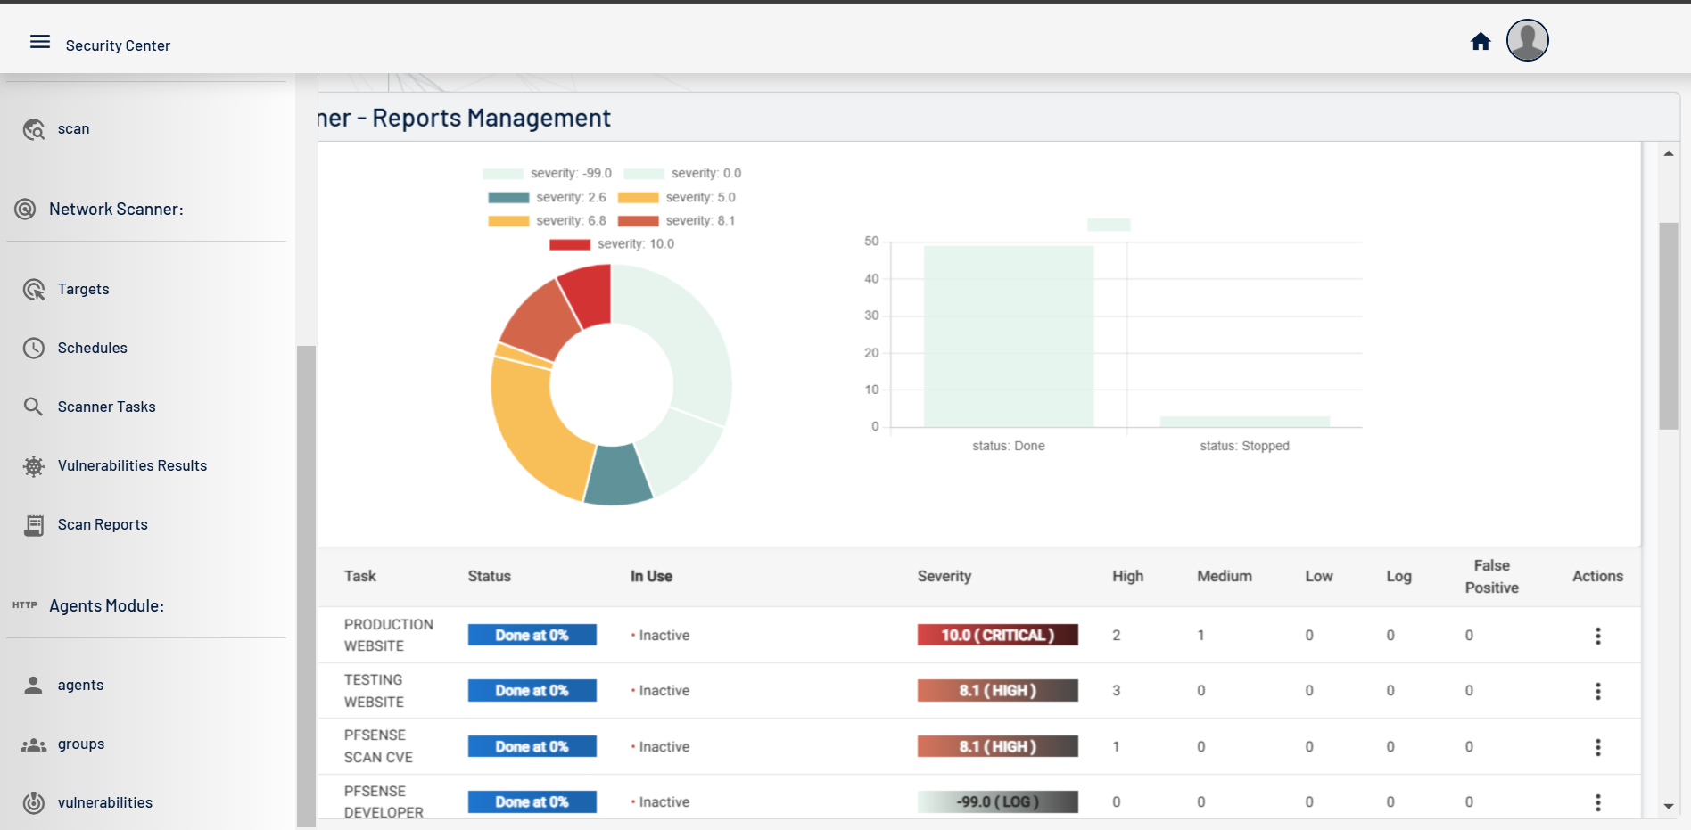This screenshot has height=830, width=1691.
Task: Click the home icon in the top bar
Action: click(1481, 42)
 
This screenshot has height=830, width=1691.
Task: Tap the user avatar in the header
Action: click(1527, 40)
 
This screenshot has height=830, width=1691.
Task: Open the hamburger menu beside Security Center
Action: click(40, 42)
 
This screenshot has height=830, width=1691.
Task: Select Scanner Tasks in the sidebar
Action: click(106, 407)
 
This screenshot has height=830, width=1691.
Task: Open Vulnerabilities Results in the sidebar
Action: click(132, 465)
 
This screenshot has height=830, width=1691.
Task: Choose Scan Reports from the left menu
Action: click(103, 524)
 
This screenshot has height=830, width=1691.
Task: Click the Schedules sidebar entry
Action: click(92, 348)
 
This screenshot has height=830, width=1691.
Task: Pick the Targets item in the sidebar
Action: click(83, 289)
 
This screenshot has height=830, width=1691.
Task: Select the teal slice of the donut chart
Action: click(617, 476)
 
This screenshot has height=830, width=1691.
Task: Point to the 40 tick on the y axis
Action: click(871, 279)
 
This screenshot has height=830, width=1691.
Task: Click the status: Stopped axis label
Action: click(1244, 446)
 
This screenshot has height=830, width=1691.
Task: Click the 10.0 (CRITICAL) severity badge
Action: click(997, 635)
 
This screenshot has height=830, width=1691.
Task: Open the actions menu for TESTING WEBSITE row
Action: click(1597, 691)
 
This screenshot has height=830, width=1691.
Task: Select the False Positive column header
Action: click(1491, 576)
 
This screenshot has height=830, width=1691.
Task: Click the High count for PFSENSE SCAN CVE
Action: click(1116, 746)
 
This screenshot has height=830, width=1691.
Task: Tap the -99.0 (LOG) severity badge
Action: click(997, 801)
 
